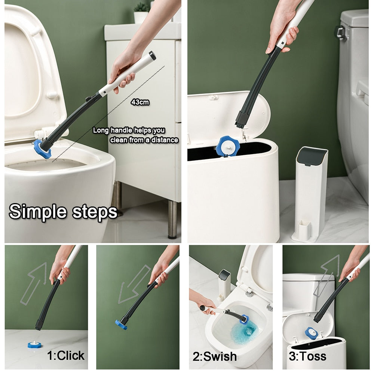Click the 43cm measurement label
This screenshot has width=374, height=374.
point(140,102)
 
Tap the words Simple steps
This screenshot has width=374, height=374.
point(63,212)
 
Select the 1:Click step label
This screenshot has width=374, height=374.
point(65,355)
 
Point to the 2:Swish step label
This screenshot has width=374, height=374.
point(214,356)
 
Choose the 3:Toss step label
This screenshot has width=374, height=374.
point(307,356)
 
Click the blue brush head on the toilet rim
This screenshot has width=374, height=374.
point(42,149)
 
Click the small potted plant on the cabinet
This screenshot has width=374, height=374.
point(141,13)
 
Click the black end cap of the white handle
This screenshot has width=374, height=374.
point(152,56)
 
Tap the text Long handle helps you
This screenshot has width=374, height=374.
point(129,131)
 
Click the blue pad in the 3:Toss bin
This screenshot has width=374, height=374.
point(311,332)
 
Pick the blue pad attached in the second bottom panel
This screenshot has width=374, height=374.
point(121,324)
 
